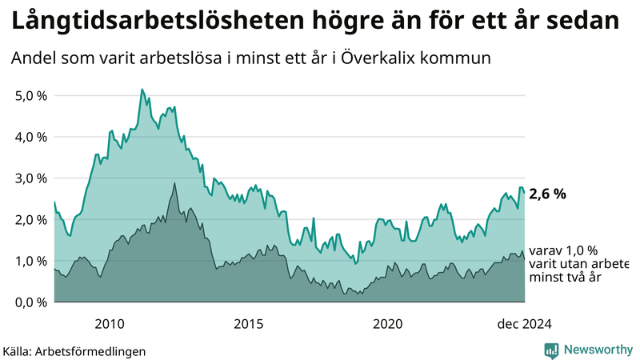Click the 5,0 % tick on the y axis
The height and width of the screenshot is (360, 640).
click(x=31, y=95)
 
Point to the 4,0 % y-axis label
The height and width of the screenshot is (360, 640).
click(x=31, y=137)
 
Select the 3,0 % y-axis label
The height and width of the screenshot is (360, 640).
click(x=31, y=178)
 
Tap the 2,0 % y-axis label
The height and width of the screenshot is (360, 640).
click(x=31, y=219)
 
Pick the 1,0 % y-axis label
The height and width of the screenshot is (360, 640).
click(x=31, y=261)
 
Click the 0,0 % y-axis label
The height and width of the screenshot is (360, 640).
click(x=31, y=302)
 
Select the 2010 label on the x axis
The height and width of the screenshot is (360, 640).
click(x=109, y=323)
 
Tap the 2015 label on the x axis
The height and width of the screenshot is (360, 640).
click(x=249, y=323)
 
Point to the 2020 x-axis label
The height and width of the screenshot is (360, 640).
click(x=388, y=323)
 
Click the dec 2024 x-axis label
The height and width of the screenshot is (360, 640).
click(x=524, y=323)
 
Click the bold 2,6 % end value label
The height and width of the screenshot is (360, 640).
click(x=548, y=194)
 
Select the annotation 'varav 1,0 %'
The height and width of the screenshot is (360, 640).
click(x=563, y=250)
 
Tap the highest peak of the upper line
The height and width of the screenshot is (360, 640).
click(x=142, y=90)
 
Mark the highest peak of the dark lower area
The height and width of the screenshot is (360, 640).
click(x=174, y=183)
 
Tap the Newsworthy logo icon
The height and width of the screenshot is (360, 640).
click(x=551, y=350)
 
